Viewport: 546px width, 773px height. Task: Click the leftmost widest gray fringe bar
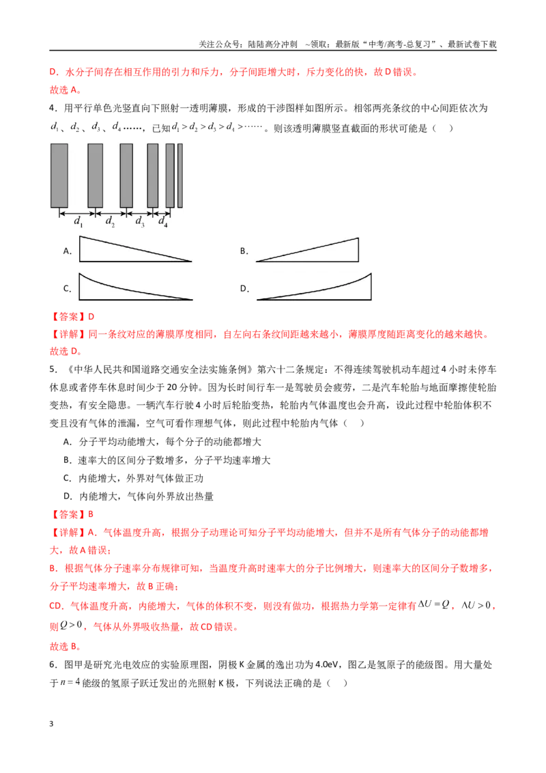click(x=59, y=175)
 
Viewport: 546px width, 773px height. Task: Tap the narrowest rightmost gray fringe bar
click(x=180, y=175)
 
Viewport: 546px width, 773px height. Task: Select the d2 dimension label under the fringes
click(x=110, y=222)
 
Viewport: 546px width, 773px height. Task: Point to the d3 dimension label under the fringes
click(x=140, y=222)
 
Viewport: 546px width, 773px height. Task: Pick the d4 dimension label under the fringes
click(x=162, y=222)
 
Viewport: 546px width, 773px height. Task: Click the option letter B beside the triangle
click(x=244, y=251)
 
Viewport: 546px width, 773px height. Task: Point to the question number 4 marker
click(x=53, y=109)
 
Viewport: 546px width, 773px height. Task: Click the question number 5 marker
click(x=53, y=369)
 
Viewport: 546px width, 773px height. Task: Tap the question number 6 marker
click(x=53, y=665)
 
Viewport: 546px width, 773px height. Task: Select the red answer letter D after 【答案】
click(x=91, y=317)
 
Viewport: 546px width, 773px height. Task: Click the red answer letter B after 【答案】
click(x=91, y=515)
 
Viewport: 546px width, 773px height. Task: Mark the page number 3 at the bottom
click(x=51, y=724)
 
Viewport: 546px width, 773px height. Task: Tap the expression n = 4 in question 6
click(x=70, y=683)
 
